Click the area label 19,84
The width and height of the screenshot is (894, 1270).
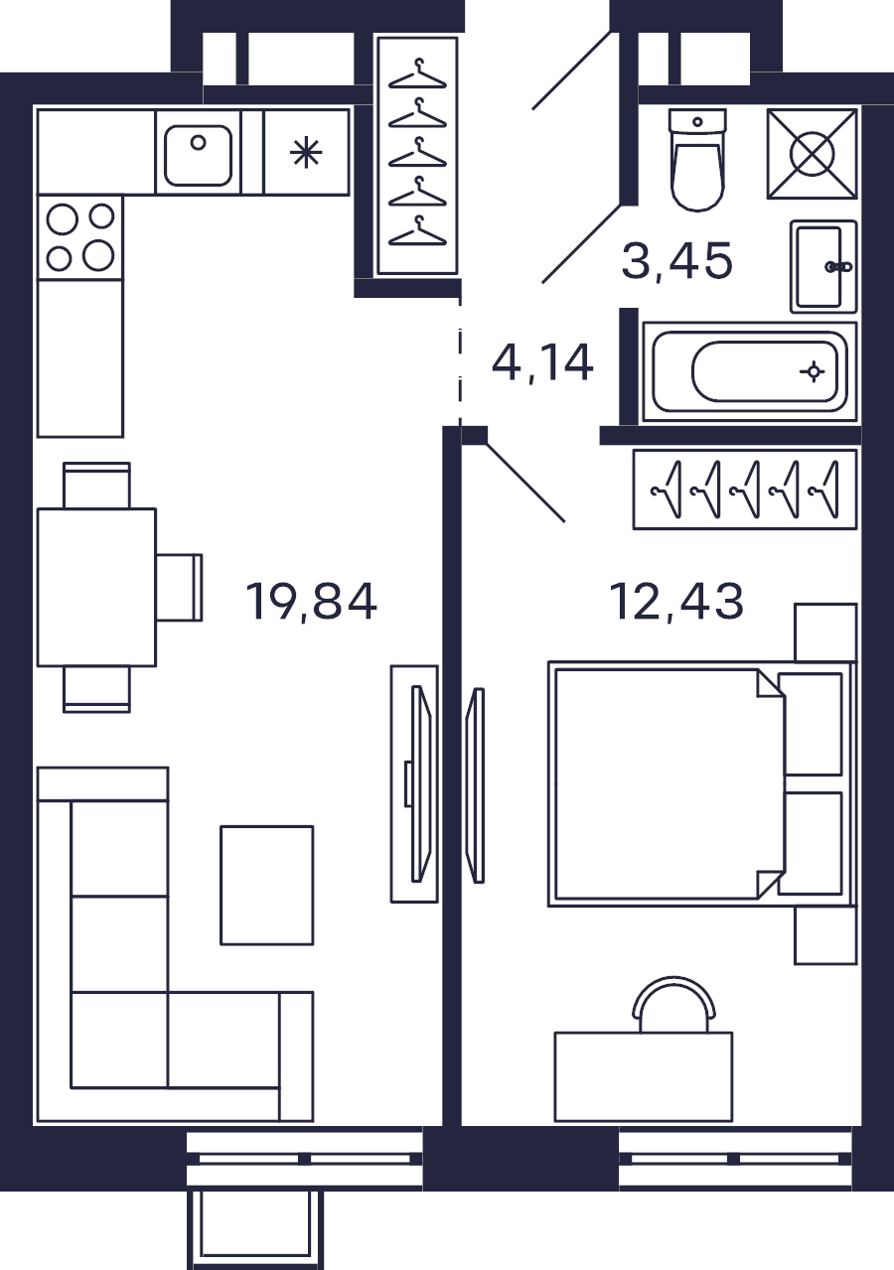tap(311, 602)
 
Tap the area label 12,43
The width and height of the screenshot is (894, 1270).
tap(676, 601)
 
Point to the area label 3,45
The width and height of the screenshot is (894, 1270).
tap(677, 261)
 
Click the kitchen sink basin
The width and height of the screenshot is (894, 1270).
tap(198, 155)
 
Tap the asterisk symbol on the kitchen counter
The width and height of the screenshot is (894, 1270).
tap(306, 153)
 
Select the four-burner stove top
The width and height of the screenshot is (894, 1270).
tap(80, 237)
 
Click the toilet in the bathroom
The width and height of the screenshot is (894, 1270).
tap(697, 160)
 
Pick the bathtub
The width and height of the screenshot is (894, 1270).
tap(749, 372)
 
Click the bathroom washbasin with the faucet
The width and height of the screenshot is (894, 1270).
tap(823, 266)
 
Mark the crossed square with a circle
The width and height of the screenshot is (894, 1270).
tap(812, 154)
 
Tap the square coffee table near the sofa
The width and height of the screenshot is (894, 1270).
tap(266, 886)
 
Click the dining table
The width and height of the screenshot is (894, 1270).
tap(96, 588)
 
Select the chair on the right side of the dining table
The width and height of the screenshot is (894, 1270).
tap(179, 588)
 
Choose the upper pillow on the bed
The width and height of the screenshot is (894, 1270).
tap(810, 724)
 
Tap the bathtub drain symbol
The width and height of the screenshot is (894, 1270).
tap(813, 372)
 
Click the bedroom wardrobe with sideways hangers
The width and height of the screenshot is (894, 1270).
tap(745, 490)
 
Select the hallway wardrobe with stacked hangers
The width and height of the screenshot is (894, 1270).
tap(417, 156)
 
